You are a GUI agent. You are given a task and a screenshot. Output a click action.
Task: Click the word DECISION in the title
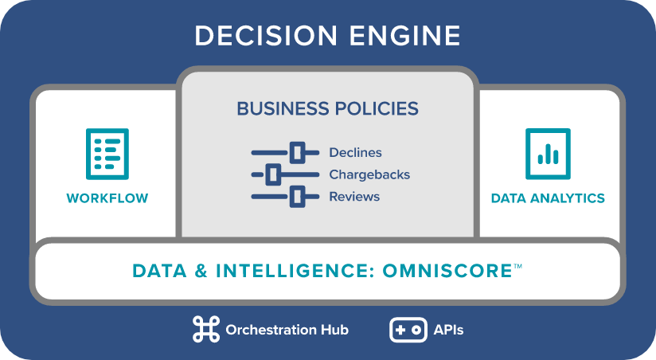(266, 36)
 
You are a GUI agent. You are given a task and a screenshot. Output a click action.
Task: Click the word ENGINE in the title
(405, 36)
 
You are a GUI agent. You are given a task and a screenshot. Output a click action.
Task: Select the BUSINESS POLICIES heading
(327, 108)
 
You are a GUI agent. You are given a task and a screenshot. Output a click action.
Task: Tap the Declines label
(355, 152)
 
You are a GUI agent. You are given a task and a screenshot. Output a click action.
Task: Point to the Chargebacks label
(369, 174)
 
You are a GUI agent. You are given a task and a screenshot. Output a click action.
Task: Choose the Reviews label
(354, 196)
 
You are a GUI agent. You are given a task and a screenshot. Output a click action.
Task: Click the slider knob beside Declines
(298, 152)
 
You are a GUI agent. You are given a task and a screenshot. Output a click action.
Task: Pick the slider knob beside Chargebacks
(273, 174)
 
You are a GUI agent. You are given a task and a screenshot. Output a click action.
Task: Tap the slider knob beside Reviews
(298, 196)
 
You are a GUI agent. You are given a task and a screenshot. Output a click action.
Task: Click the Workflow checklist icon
(107, 154)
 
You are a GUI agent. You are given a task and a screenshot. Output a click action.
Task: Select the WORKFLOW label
(107, 198)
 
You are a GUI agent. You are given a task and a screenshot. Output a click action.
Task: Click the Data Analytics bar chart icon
(548, 154)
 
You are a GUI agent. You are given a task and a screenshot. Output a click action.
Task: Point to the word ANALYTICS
(568, 198)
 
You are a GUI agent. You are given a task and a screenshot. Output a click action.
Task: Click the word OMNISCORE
(447, 271)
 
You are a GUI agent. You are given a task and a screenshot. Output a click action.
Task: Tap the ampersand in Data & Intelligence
(201, 271)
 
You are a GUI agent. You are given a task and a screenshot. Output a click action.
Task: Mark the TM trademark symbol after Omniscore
(517, 266)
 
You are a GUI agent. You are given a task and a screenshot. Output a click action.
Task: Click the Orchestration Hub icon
(206, 330)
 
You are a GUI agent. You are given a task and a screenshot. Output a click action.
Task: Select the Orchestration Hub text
(287, 330)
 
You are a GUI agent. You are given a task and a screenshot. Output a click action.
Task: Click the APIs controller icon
(408, 330)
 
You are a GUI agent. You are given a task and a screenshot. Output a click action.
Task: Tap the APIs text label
(448, 330)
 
